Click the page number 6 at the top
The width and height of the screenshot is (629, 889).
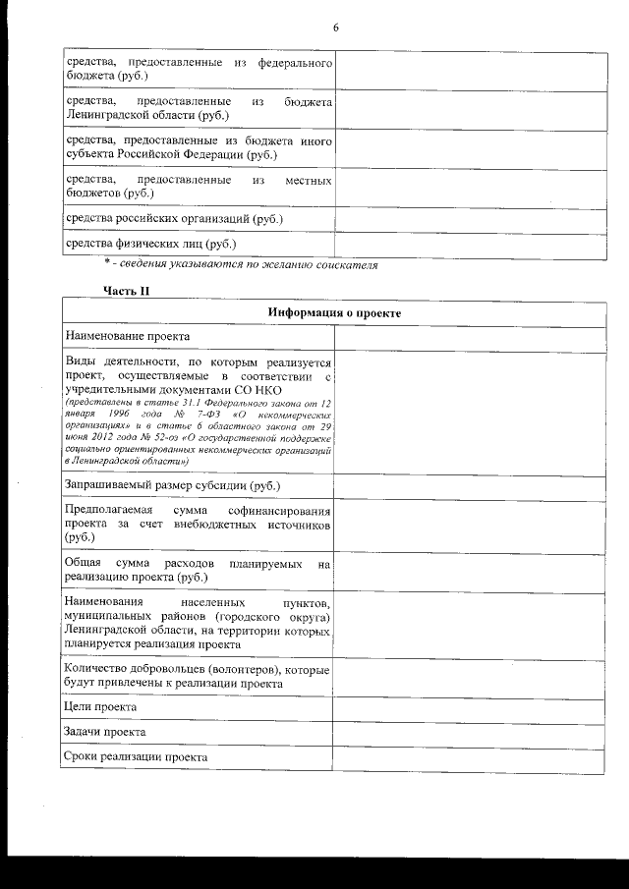pyautogui.click(x=335, y=28)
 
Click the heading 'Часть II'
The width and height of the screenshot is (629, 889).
pyautogui.click(x=126, y=290)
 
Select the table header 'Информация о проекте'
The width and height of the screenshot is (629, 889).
pyautogui.click(x=334, y=312)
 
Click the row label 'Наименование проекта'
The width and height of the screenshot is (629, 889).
pyautogui.click(x=127, y=337)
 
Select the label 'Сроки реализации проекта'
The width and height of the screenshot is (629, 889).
pyautogui.click(x=136, y=758)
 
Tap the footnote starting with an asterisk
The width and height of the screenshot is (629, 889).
pyautogui.click(x=241, y=264)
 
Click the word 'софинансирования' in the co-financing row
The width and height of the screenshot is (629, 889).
pyautogui.click(x=280, y=512)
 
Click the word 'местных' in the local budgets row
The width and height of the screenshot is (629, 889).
pyautogui.click(x=308, y=181)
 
